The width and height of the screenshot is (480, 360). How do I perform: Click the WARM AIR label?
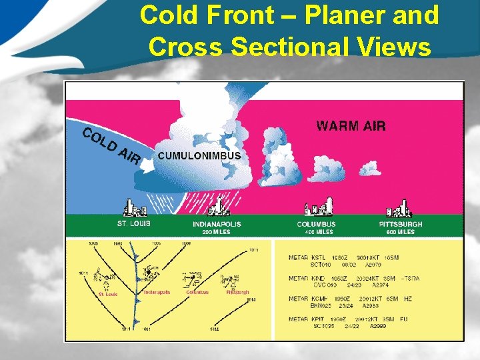351,125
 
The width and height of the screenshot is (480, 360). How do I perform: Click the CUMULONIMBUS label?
199,156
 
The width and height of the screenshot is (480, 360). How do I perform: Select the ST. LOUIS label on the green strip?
133,224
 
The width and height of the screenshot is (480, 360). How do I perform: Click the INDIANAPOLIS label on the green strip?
217,224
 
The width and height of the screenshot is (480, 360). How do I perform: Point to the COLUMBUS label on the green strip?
316,224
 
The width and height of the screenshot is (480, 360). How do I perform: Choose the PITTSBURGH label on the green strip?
400,224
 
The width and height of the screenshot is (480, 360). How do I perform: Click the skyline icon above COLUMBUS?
318,207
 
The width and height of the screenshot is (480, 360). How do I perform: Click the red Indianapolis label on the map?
157,292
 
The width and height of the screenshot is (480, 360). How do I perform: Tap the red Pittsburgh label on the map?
237,292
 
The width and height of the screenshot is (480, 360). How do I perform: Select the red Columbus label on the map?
195,292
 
